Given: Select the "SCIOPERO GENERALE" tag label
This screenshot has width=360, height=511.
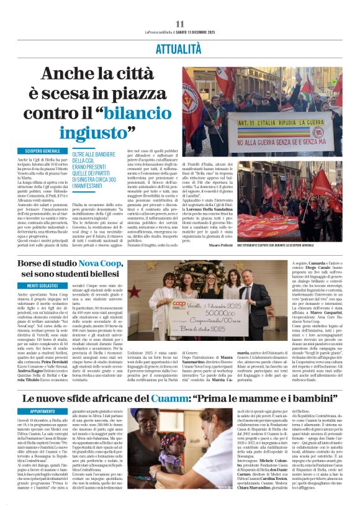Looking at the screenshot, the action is (x=38, y=151).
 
